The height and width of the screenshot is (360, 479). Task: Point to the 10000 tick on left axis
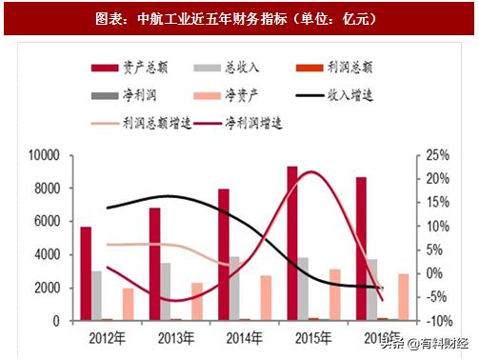click(44, 155)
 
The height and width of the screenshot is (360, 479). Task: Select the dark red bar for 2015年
click(291, 244)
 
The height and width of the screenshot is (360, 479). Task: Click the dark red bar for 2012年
click(86, 274)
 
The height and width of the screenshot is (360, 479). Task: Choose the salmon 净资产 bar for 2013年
click(197, 302)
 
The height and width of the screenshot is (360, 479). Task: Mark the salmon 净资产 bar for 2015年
click(334, 295)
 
